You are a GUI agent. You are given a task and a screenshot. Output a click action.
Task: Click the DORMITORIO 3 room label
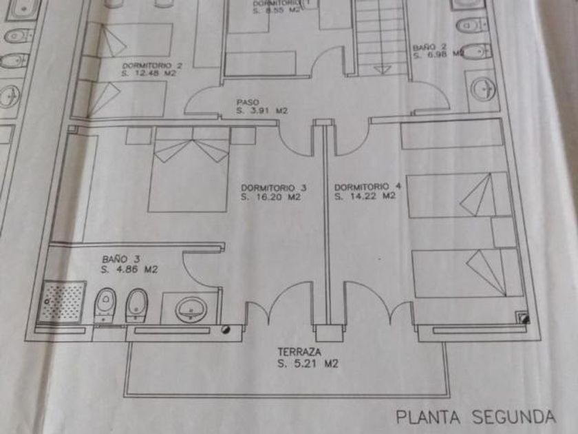[x=273, y=187]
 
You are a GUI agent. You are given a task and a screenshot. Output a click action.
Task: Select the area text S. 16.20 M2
[x=271, y=196]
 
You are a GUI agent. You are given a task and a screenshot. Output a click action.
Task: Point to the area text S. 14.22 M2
[x=365, y=196]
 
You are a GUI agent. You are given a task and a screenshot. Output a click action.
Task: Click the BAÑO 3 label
[x=116, y=259]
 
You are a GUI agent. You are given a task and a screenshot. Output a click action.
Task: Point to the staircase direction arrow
[x=381, y=68]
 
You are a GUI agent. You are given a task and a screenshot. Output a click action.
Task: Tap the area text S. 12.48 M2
[x=149, y=72]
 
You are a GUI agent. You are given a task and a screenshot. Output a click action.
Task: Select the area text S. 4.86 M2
[x=129, y=269]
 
